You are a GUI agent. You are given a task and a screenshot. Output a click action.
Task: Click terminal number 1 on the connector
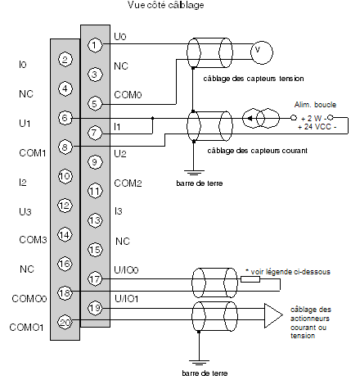pyautogui.click(x=95, y=45)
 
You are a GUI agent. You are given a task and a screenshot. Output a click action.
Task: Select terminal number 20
pyautogui.click(x=65, y=323)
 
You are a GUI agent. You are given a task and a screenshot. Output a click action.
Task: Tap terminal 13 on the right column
pyautogui.click(x=95, y=220)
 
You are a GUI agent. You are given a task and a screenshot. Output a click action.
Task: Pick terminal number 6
pyautogui.click(x=65, y=118)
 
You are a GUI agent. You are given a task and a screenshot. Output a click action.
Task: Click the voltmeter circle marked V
pyautogui.click(x=262, y=52)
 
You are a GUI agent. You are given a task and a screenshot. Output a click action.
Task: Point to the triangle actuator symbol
pyautogui.click(x=273, y=315)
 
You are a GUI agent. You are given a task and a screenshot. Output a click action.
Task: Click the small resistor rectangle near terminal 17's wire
pyautogui.click(x=250, y=279)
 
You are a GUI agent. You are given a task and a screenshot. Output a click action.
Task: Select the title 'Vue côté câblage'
pyautogui.click(x=166, y=5)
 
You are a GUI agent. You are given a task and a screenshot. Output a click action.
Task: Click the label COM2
pyautogui.click(x=128, y=183)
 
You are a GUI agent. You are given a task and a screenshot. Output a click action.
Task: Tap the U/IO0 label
pyautogui.click(x=126, y=270)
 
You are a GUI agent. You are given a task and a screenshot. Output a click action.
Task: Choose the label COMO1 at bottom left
pyautogui.click(x=26, y=327)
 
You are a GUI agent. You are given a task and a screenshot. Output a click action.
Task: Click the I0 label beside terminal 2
pyautogui.click(x=23, y=65)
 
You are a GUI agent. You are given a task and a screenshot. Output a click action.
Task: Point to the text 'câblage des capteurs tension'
pyautogui.click(x=254, y=79)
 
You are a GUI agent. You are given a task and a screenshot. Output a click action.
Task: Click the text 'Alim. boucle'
pyautogui.click(x=315, y=105)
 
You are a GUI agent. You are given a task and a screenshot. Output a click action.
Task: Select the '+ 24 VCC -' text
pyautogui.click(x=317, y=127)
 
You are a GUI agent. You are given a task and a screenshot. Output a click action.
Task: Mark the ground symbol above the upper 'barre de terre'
pyautogui.click(x=193, y=173)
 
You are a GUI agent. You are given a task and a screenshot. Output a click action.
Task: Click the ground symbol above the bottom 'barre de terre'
pyautogui.click(x=199, y=363)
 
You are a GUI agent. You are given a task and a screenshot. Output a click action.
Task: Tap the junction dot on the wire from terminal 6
pyautogui.click(x=152, y=118)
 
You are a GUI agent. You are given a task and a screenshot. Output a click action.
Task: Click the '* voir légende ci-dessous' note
pyautogui.click(x=288, y=272)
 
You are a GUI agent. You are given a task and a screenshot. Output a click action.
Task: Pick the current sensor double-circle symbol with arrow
pyautogui.click(x=261, y=118)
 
